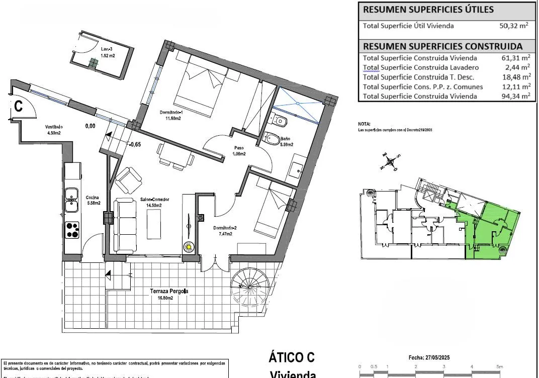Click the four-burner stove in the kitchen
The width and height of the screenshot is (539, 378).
pyautogui.click(x=73, y=230)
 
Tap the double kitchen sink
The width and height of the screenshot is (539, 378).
pyautogui.click(x=72, y=200)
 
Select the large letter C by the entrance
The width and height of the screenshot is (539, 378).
pyautogui.click(x=19, y=106)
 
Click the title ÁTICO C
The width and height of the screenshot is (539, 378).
pyautogui.click(x=292, y=357)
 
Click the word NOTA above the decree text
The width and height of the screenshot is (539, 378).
pyautogui.click(x=364, y=124)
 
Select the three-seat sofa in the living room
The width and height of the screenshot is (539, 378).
pyautogui.click(x=124, y=226)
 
